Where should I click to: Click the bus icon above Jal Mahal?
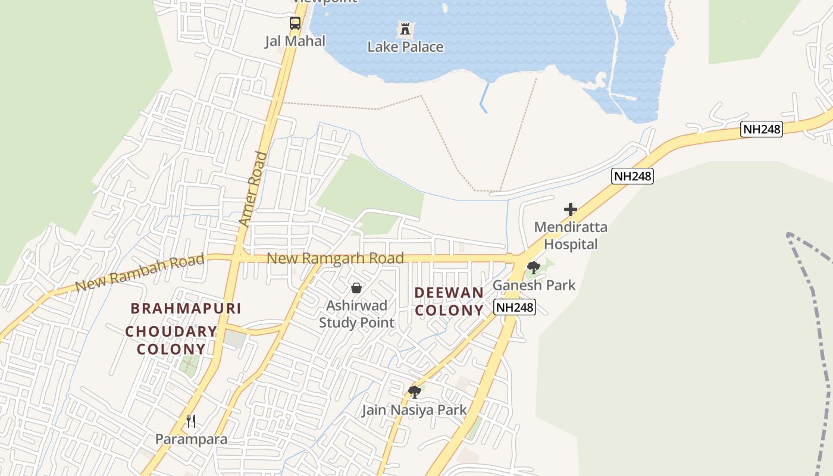click(x=295, y=23)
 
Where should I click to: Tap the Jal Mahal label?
click(x=295, y=41)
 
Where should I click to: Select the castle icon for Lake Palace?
click(x=405, y=29)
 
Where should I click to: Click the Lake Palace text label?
click(x=405, y=46)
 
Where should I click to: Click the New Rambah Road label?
click(x=140, y=273)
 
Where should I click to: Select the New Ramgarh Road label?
click(x=336, y=258)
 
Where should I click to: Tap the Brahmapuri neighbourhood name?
click(x=186, y=308)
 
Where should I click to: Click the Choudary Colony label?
click(x=171, y=340)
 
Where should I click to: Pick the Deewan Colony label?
click(x=449, y=301)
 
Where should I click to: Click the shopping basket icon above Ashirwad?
click(x=356, y=288)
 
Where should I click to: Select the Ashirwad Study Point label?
click(x=356, y=314)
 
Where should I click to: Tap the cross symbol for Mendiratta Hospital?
click(x=571, y=209)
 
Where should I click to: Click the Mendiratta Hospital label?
click(x=571, y=236)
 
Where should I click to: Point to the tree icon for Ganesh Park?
click(x=534, y=267)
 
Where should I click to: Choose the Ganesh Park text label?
click(x=534, y=285)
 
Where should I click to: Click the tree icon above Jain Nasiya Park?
click(x=415, y=392)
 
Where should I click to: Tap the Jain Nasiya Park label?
click(x=415, y=410)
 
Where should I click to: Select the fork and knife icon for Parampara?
click(x=191, y=421)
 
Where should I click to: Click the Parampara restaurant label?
click(x=191, y=439)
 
